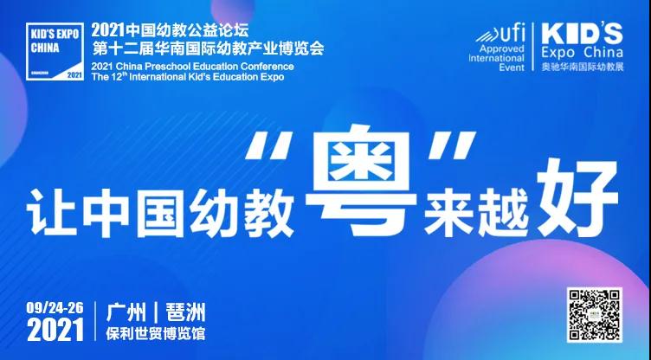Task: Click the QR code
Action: (x=594, y=315)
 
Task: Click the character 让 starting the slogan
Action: (x=52, y=213)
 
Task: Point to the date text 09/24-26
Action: (x=55, y=308)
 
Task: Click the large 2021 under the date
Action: (x=55, y=330)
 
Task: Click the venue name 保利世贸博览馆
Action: (x=156, y=334)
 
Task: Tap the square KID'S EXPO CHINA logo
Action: (x=55, y=51)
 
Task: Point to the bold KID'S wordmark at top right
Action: (x=582, y=34)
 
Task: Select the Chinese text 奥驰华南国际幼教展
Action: (x=582, y=67)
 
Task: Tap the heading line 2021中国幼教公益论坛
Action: (x=170, y=30)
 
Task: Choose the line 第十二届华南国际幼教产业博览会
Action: (x=208, y=49)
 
